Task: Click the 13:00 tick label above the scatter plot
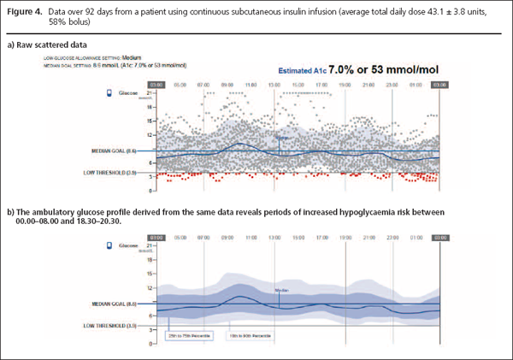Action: (x=274, y=85)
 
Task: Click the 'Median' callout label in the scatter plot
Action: (x=284, y=136)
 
